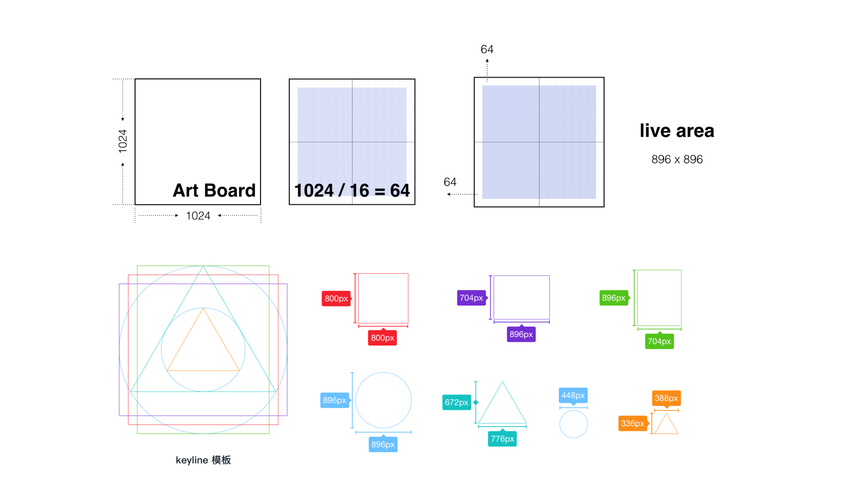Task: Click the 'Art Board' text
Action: pos(214,190)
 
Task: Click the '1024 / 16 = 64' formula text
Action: pos(352,190)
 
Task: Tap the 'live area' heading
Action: pos(677,130)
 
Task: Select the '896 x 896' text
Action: pos(677,160)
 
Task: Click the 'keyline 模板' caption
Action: pos(203,460)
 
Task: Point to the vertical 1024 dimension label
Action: pos(123,141)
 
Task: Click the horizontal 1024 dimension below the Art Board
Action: pos(198,216)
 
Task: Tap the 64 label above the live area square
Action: pos(487,49)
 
